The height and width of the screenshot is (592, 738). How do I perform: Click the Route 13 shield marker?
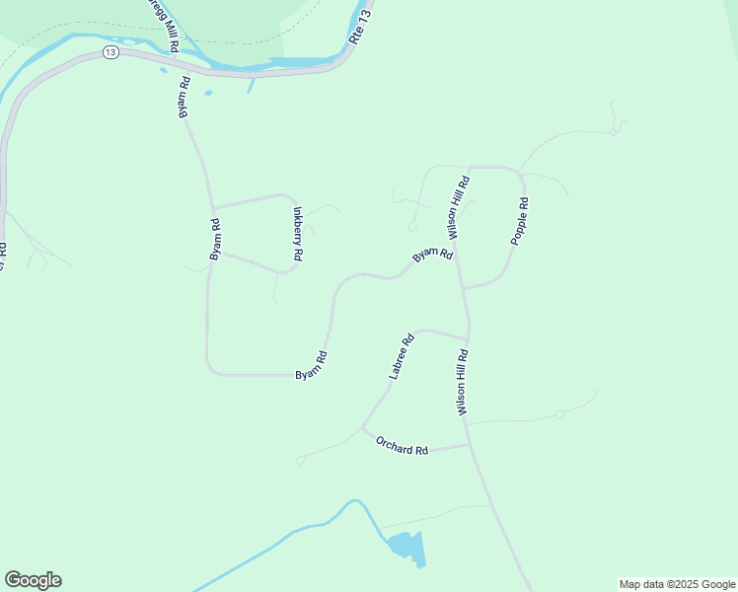pyautogui.click(x=110, y=52)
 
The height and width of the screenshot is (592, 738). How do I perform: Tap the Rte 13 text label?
pyautogui.click(x=362, y=25)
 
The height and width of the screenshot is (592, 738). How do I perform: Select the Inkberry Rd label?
pyautogui.click(x=297, y=234)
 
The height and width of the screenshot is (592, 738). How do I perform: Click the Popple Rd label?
pyautogui.click(x=520, y=222)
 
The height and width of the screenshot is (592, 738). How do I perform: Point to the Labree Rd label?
pyautogui.click(x=401, y=356)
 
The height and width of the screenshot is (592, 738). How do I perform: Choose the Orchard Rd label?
pyautogui.click(x=402, y=445)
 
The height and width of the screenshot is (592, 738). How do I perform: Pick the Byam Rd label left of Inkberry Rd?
pyautogui.click(x=215, y=239)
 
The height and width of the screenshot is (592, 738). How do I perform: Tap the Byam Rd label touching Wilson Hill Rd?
pyautogui.click(x=432, y=255)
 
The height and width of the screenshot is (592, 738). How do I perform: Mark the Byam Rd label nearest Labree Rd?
pyautogui.click(x=312, y=366)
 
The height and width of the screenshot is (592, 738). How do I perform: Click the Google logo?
pyautogui.click(x=33, y=580)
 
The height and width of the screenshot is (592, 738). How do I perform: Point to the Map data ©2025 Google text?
pyautogui.click(x=677, y=584)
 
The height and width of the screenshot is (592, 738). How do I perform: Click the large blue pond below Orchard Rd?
pyautogui.click(x=406, y=546)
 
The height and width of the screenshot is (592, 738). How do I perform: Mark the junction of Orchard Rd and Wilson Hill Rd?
pyautogui.click(x=470, y=445)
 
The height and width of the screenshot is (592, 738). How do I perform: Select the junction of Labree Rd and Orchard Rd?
pyautogui.click(x=362, y=427)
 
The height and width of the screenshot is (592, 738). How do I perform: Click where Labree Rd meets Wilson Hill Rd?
pyautogui.click(x=467, y=338)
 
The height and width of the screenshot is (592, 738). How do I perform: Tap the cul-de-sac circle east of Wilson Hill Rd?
pyautogui.click(x=559, y=414)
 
